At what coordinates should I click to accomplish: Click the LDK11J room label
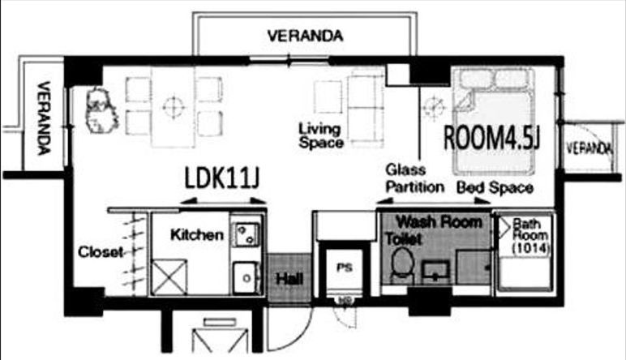[x=222, y=178]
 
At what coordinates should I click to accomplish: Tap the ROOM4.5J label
[x=492, y=138]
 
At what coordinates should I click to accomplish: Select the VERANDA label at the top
[x=306, y=36]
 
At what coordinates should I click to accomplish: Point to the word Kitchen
[x=197, y=234]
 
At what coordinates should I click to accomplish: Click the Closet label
[x=101, y=252]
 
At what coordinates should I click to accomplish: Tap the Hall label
[x=289, y=279]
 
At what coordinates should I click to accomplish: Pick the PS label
[x=344, y=267]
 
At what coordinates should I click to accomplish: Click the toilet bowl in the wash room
[x=401, y=264]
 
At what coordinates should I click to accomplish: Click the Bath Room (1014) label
[x=530, y=236]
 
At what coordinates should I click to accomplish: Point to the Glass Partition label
[x=415, y=178]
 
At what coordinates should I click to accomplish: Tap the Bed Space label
[x=495, y=187]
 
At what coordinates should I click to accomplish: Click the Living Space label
[x=321, y=135]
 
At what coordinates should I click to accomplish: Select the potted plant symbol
[x=101, y=110]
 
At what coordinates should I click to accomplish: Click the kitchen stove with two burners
[x=247, y=234]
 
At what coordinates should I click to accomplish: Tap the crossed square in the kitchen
[x=169, y=277]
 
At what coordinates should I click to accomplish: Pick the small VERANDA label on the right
[x=590, y=148]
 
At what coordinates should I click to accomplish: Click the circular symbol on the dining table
[x=174, y=107]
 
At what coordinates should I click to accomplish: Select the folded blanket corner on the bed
[x=464, y=102]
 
